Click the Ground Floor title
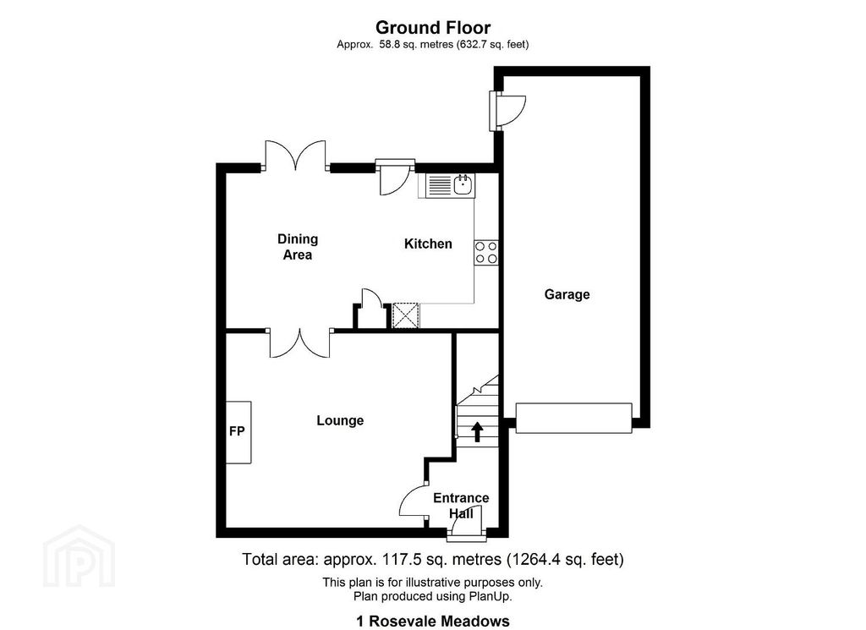432,28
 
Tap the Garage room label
567,294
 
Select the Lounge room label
340,420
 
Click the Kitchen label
428,244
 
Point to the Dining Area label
298,247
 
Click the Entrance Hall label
461,505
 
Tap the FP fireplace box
238,431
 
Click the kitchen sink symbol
463,184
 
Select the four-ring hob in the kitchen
486,252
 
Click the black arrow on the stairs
476,432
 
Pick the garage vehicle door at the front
574,418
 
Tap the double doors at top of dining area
295,157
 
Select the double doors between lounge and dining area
299,342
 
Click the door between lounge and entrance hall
414,501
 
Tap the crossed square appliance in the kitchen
406,315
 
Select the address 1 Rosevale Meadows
432,622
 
